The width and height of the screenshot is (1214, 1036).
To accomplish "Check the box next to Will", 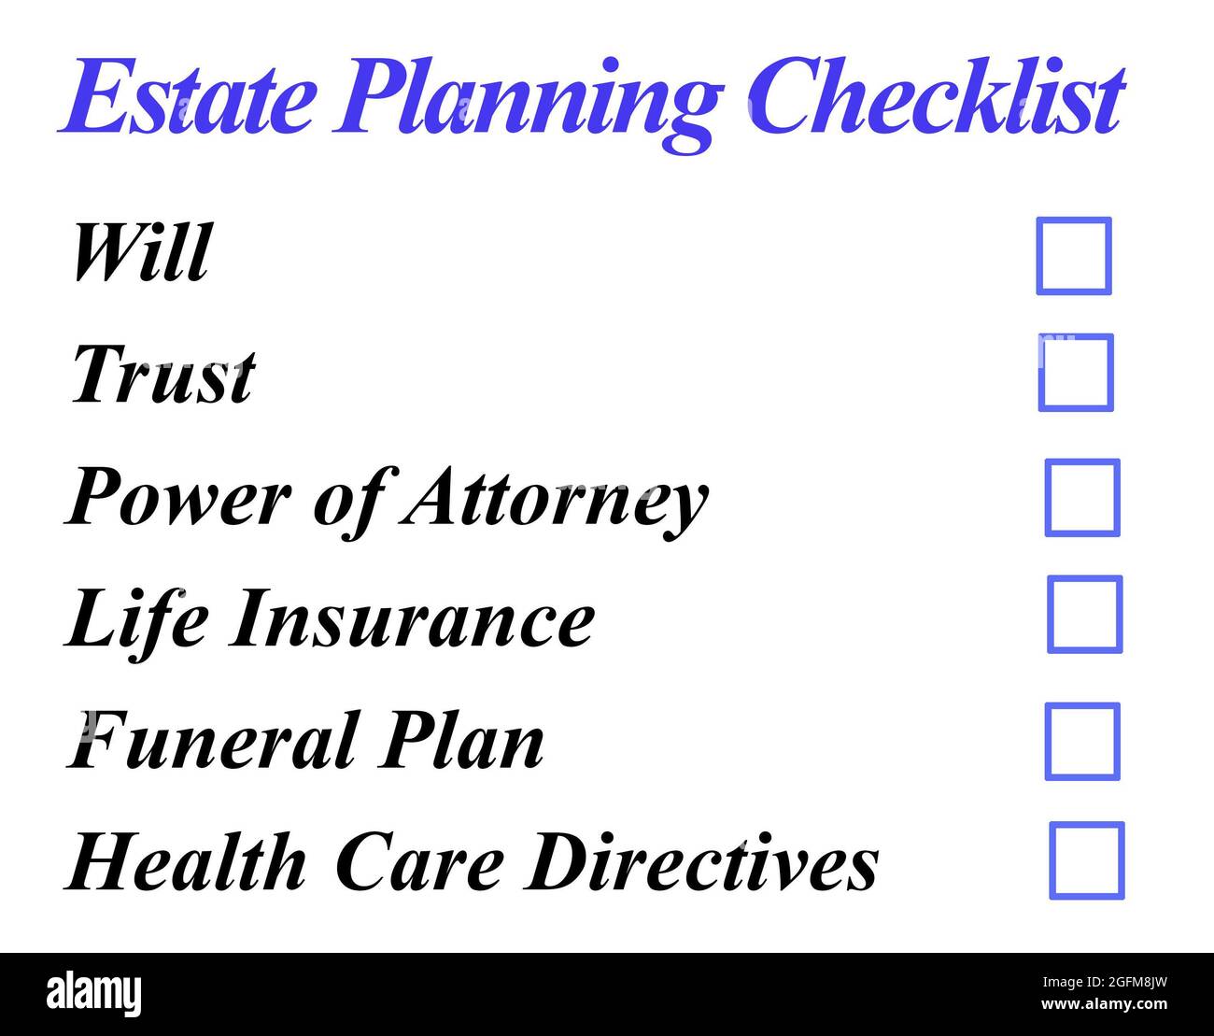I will [1074, 256].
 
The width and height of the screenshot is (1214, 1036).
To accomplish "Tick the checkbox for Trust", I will [1076, 372].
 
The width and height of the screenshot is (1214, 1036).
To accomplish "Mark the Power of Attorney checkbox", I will [1082, 498].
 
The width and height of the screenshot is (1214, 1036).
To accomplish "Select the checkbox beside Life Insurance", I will [1084, 615].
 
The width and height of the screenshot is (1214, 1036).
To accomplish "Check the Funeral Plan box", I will [1082, 742].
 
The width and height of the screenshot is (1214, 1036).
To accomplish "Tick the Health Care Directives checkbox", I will [1086, 860].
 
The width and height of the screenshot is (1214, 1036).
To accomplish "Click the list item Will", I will [141, 252].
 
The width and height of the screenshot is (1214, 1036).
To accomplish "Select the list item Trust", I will [162, 375].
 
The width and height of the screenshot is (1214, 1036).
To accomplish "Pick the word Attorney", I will [555, 500].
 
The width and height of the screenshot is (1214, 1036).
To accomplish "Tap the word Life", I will [136, 619].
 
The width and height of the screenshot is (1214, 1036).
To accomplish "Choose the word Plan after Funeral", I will [459, 741].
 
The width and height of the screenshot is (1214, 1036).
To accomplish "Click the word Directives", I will [701, 861].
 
